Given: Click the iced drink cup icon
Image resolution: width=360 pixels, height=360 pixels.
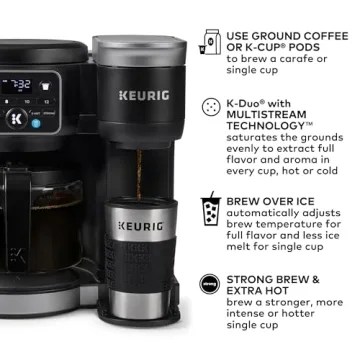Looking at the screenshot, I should [x=211, y=211].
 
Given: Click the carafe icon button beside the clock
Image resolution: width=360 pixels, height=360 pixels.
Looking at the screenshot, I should [x=47, y=86].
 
